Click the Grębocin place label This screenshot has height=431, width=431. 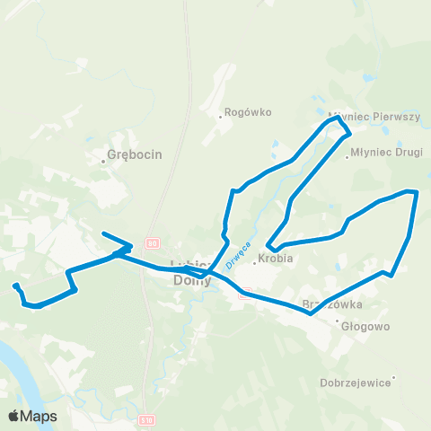click(135, 154)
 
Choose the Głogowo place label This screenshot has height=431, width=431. click(365, 327)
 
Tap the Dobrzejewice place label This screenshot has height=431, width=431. click(356, 382)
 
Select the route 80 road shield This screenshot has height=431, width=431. click(153, 243)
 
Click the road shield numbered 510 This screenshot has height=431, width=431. click(147, 419)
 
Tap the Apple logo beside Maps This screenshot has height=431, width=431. click(14, 416)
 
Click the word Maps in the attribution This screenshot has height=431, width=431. click(40, 416)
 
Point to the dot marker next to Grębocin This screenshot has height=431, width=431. click(103, 162)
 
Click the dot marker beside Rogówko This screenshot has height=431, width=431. click(221, 116)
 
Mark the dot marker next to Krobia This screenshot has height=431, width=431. click(254, 263)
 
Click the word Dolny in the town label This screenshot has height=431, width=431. click(191, 280)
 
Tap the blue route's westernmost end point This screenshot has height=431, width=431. click(15, 286)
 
